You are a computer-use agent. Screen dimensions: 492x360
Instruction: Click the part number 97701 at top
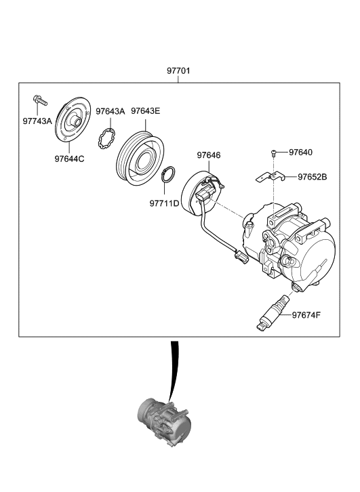pos(180,70)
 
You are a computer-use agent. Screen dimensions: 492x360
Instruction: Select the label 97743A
pos(37,121)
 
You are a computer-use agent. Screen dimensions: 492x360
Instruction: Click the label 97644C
pos(70,159)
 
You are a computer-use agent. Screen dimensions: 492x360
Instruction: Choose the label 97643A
pos(110,111)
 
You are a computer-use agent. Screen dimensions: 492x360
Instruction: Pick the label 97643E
pos(145,111)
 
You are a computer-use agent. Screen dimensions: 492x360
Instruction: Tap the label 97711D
pos(164,203)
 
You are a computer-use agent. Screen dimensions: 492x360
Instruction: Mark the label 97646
pos(209,155)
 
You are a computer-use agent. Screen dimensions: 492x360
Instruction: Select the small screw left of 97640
pos(273,154)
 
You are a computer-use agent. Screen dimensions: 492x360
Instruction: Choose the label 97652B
pos(312,177)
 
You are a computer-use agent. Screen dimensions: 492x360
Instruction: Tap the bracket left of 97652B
pos(268,179)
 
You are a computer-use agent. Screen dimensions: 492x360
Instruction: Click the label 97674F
pos(307,314)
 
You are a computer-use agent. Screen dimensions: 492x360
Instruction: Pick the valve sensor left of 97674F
pos(273,313)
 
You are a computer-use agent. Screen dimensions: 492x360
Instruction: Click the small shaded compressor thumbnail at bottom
pos(163,419)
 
